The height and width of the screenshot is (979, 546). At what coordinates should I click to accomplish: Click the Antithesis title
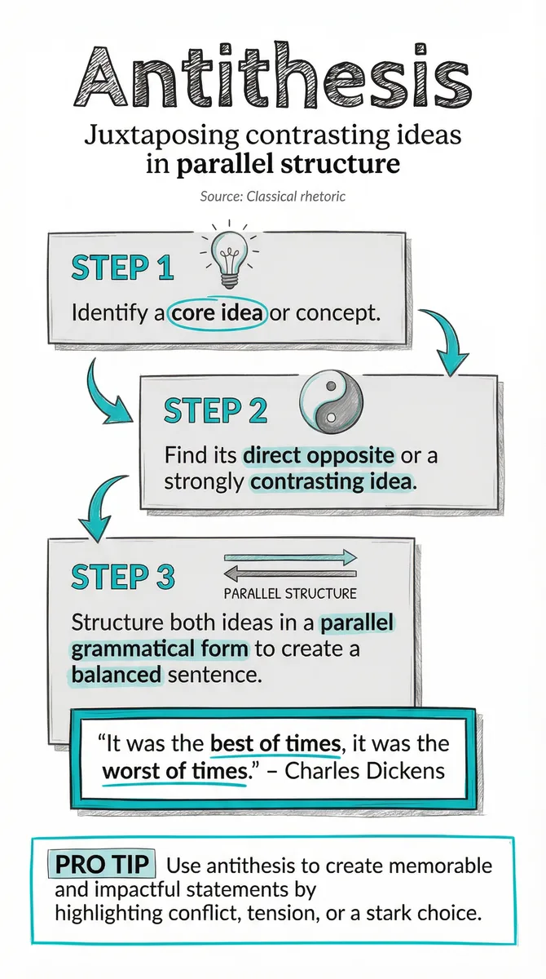pos(273,75)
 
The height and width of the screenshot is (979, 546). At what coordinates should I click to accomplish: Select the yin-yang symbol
pos(331,402)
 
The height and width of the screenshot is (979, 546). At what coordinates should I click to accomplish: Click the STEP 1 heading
pos(122,268)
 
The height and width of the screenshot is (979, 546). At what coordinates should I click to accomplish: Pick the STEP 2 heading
pos(216,410)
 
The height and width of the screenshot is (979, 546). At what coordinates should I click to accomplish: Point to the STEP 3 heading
pos(122,576)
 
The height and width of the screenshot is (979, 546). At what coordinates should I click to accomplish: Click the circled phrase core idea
pos(218,313)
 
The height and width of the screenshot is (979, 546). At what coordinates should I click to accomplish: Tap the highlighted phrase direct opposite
pos(319,455)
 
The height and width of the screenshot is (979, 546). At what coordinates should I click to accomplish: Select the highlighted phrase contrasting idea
pos(331,481)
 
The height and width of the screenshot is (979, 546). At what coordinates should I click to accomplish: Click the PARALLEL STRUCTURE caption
pos(290,594)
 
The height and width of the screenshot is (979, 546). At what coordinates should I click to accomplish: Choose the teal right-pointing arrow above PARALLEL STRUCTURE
pos(290,557)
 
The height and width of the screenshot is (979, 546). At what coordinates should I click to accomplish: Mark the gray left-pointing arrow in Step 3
pos(290,574)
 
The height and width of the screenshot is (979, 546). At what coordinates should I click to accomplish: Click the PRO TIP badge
pos(102,864)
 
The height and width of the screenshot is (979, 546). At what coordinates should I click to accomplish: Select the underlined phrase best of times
pos(275,744)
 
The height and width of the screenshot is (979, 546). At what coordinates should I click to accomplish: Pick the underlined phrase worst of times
pos(175,771)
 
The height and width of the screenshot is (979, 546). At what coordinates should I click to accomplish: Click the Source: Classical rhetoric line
pos(273,197)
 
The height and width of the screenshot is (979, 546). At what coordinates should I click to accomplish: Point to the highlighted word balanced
pos(116,675)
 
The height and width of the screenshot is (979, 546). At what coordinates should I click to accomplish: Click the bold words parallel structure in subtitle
pos(288,164)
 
